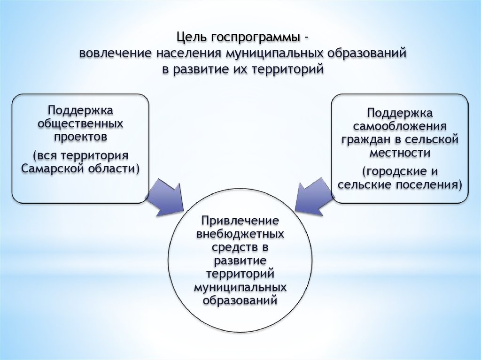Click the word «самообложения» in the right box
[399, 127]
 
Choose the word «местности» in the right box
[399, 153]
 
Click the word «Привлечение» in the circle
[240, 220]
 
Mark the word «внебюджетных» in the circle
[240, 233]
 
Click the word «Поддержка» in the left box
[80, 111]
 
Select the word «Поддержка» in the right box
[399, 114]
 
